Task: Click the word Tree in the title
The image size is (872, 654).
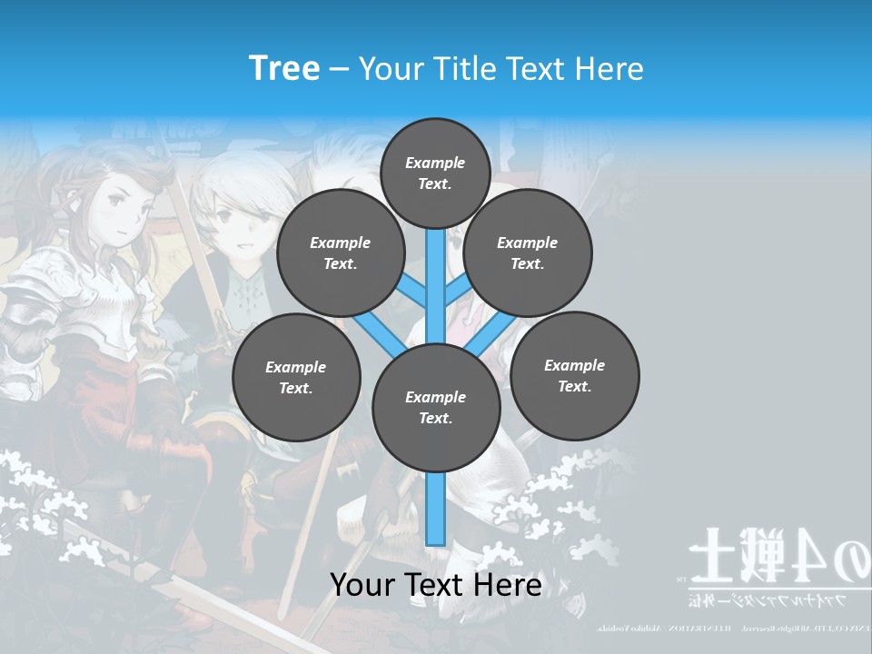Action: (284, 68)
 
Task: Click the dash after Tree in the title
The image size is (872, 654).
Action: (339, 70)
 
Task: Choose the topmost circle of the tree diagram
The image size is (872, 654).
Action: (435, 173)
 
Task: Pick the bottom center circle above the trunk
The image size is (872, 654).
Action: (436, 408)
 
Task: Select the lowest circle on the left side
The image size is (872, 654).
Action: (296, 377)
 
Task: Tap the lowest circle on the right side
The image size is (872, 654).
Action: (574, 375)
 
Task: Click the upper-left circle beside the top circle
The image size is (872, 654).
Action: (341, 253)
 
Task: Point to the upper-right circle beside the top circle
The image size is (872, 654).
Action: (528, 253)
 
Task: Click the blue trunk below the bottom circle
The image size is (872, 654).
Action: (436, 509)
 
